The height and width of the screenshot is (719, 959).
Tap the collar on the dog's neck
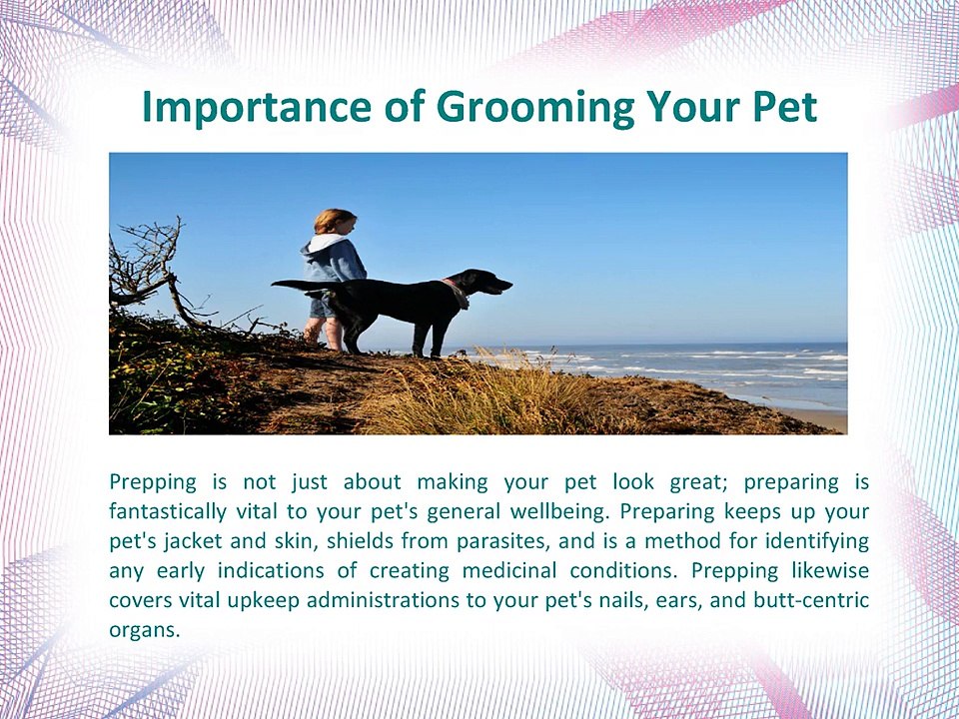[458, 292]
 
